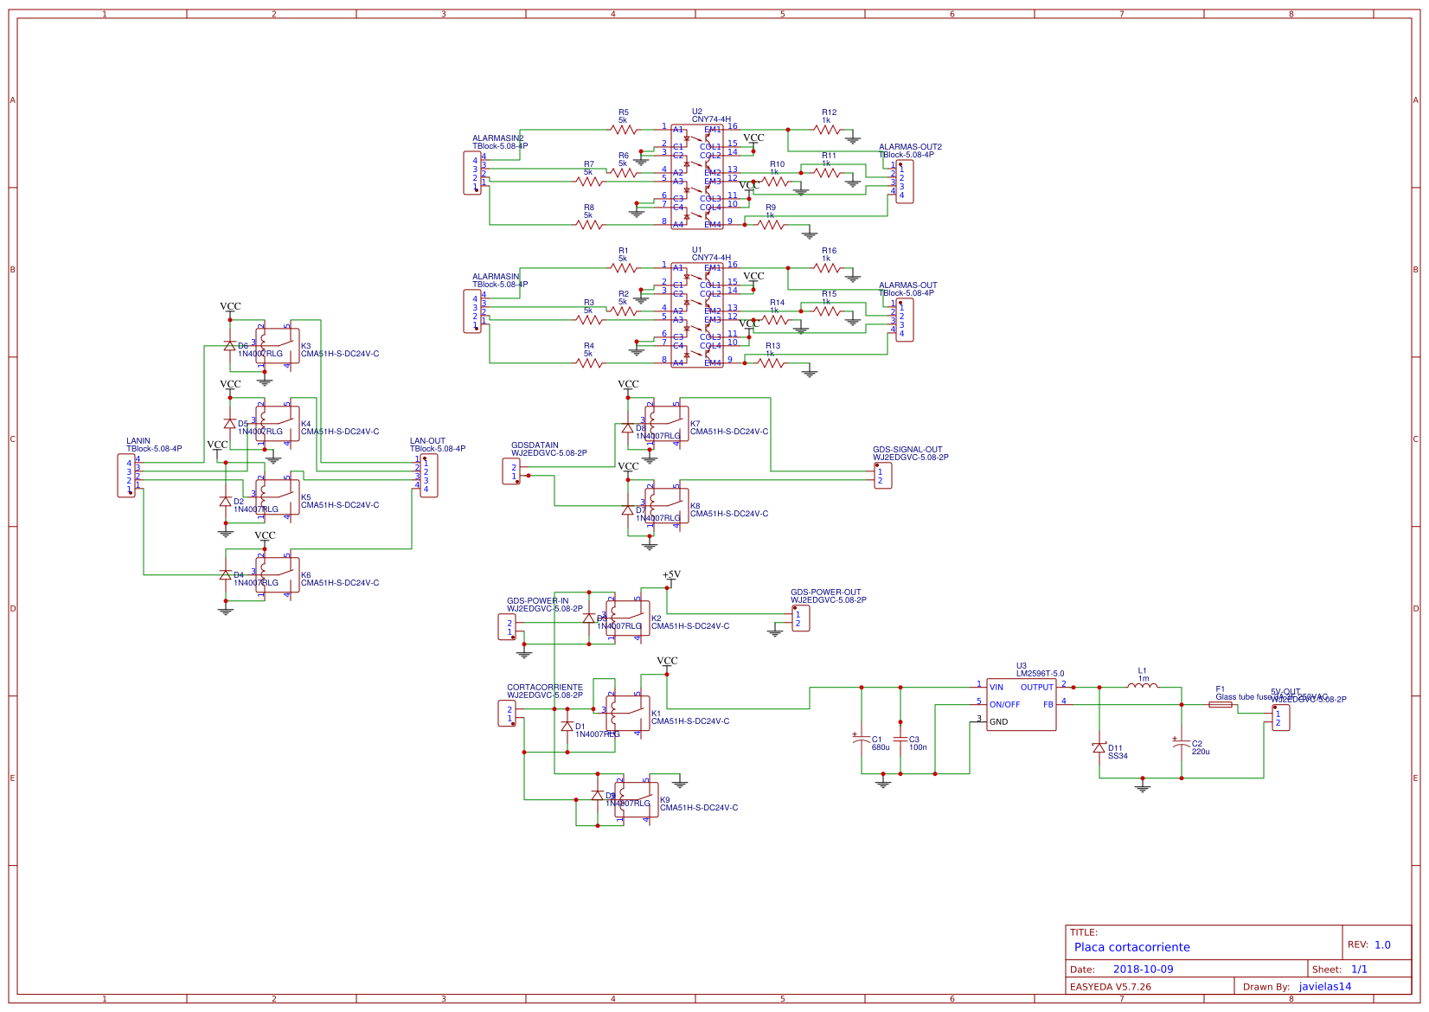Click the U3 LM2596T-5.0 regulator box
click(1021, 704)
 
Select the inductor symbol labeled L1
click(1142, 686)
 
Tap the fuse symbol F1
click(1220, 705)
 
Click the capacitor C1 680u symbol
click(862, 740)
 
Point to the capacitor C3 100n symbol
click(900, 740)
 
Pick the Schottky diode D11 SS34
click(1099, 747)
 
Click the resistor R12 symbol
click(827, 130)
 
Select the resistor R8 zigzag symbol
click(589, 225)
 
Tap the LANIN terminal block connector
click(126, 476)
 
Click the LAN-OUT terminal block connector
click(428, 476)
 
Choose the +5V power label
click(671, 574)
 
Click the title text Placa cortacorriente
click(1131, 947)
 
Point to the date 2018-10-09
click(1143, 970)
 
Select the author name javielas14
click(1324, 987)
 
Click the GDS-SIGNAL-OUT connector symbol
click(882, 476)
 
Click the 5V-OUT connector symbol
click(1280, 718)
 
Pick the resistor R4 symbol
click(589, 363)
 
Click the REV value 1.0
click(1382, 945)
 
